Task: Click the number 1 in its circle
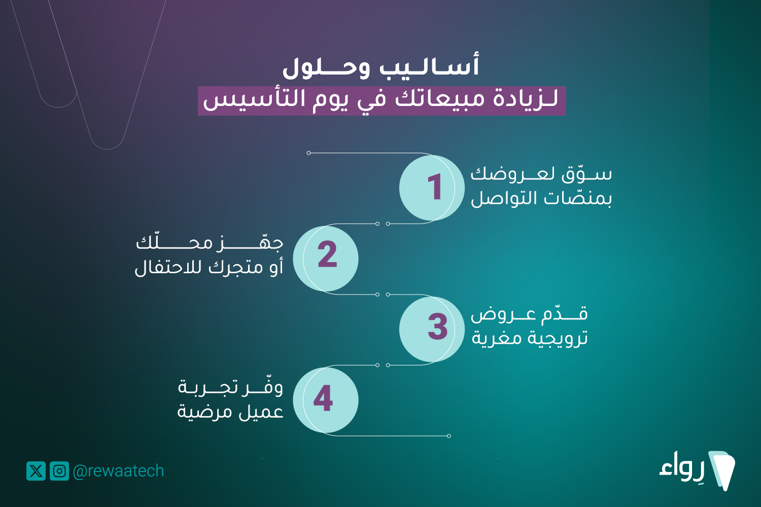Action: click(435, 187)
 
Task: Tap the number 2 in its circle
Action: click(327, 254)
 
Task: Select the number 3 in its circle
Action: click(437, 327)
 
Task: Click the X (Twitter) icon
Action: click(36, 471)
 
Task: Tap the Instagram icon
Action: click(59, 471)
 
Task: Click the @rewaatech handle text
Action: click(118, 471)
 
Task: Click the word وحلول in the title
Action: click(326, 68)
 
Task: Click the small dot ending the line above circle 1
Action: click(308, 153)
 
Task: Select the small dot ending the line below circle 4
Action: click(449, 436)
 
